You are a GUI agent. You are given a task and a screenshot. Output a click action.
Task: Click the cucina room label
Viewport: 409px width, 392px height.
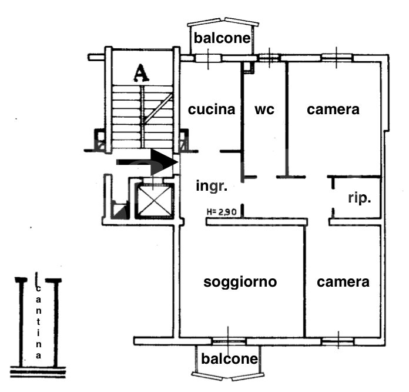click(x=212, y=109)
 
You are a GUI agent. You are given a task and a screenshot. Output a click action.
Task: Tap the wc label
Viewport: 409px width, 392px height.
click(x=264, y=109)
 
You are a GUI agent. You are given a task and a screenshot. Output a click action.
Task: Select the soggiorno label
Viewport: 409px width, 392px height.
click(x=240, y=283)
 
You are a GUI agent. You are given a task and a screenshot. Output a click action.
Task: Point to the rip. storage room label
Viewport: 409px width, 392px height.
click(x=360, y=198)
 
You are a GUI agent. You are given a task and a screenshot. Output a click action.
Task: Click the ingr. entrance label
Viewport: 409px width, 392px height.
click(x=212, y=187)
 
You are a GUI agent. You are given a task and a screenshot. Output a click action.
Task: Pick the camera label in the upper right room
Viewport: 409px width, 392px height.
click(x=333, y=109)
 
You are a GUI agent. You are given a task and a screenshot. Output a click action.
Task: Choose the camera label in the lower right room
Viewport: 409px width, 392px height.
click(x=343, y=283)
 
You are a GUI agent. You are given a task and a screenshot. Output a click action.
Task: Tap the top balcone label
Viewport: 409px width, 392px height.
click(x=222, y=38)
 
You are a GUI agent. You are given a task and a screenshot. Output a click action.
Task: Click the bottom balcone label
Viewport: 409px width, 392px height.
click(x=230, y=358)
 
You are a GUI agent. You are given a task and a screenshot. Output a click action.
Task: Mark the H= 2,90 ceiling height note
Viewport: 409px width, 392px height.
click(x=222, y=212)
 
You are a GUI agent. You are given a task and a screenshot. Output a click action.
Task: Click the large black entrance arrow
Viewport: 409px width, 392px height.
click(x=147, y=162)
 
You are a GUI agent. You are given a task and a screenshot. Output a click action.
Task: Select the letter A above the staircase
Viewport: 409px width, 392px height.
click(x=141, y=73)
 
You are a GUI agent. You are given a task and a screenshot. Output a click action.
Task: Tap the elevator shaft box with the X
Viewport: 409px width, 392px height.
click(x=155, y=201)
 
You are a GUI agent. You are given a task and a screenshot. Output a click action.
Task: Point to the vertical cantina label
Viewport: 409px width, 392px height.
click(x=38, y=322)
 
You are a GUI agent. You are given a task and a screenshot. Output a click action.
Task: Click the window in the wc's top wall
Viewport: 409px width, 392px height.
click(x=270, y=58)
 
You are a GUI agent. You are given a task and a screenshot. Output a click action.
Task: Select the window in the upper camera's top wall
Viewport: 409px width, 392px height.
click(x=337, y=58)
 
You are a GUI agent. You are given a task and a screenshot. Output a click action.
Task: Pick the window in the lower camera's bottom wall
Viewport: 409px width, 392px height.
click(x=338, y=341)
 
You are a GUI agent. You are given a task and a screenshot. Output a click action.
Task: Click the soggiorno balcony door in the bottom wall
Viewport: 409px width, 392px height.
click(x=228, y=341)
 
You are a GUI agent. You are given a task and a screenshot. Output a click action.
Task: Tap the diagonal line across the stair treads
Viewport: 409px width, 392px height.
click(x=158, y=108)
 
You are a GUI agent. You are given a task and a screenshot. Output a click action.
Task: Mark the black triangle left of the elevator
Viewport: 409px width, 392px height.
click(x=121, y=211)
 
